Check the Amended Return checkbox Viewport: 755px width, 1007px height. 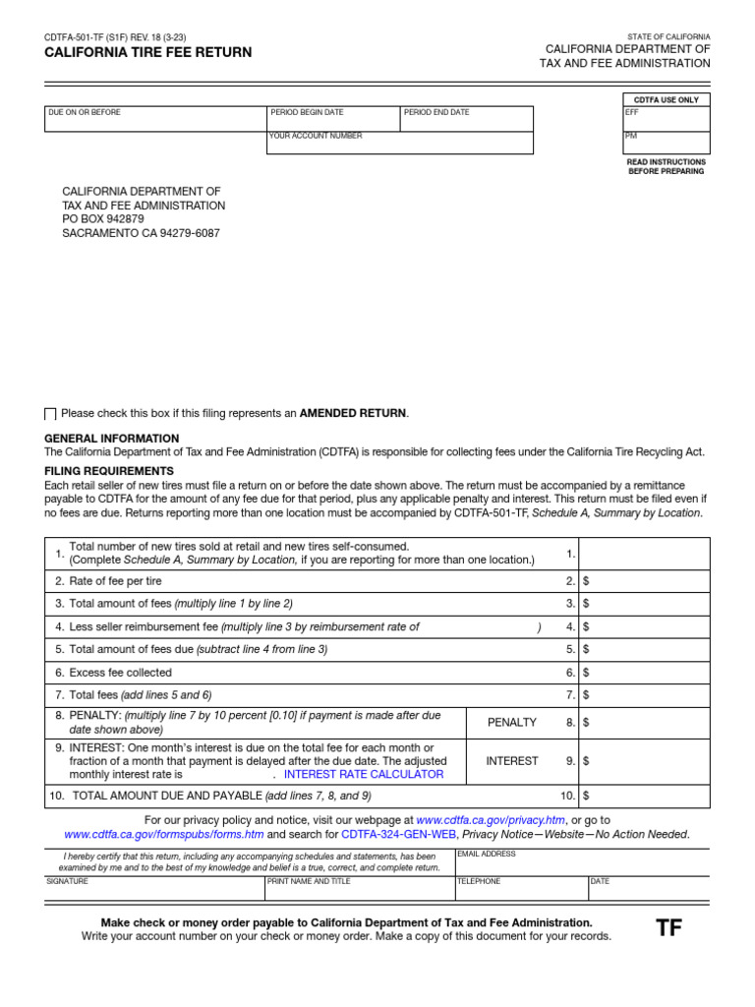coord(51,414)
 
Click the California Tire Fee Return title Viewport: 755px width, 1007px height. coord(147,52)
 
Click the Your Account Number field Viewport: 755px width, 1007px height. coord(399,143)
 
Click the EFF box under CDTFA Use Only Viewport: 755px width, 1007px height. coord(666,119)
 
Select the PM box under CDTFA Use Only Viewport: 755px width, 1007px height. coord(666,143)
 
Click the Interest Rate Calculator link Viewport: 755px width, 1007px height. coord(363,775)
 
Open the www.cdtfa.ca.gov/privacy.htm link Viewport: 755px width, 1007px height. coord(491,819)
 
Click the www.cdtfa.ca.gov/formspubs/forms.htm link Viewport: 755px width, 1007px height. coord(164,835)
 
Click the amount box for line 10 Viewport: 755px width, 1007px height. coord(644,796)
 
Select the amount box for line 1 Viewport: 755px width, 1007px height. coord(644,555)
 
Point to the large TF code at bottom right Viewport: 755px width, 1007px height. coord(668,928)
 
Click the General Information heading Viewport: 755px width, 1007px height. coord(112,439)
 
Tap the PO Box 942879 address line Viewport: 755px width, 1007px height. coord(103,219)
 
